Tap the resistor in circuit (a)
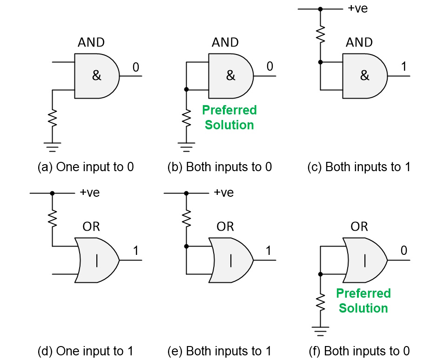pos(53,117)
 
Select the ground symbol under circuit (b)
pos(186,148)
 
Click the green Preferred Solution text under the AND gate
pos(229,118)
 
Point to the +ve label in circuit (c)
pos(357,8)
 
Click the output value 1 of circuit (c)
pos(404,67)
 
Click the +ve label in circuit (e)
pos(223,193)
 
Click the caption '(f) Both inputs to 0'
pos(359,351)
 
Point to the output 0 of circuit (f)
pos(404,251)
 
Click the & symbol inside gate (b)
pos(230,76)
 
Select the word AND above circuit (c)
pos(359,42)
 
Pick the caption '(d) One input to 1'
pos(86,351)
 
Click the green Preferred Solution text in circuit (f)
pos(363,301)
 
